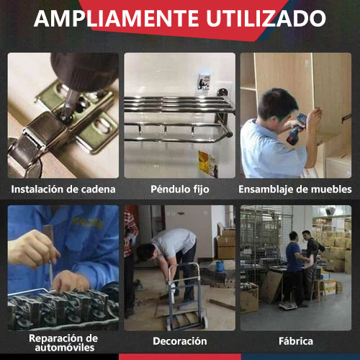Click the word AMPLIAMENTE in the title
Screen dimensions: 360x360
[x=116, y=19]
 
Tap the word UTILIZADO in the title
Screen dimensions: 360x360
[x=266, y=19]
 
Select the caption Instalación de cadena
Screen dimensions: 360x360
[x=63, y=189]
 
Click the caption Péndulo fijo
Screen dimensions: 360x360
[x=180, y=189]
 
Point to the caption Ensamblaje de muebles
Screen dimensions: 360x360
[x=295, y=189]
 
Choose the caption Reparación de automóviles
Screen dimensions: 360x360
[x=63, y=343]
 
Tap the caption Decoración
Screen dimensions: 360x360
[x=180, y=341]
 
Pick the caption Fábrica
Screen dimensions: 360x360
[x=296, y=341]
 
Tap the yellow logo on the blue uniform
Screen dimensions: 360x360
[x=88, y=222]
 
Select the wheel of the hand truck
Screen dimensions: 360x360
[x=204, y=323]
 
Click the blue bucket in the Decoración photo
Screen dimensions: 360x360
[x=220, y=266]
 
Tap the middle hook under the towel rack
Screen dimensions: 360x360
[x=166, y=130]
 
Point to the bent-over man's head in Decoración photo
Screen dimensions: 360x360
[x=146, y=252]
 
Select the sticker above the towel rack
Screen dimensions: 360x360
[x=204, y=82]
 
